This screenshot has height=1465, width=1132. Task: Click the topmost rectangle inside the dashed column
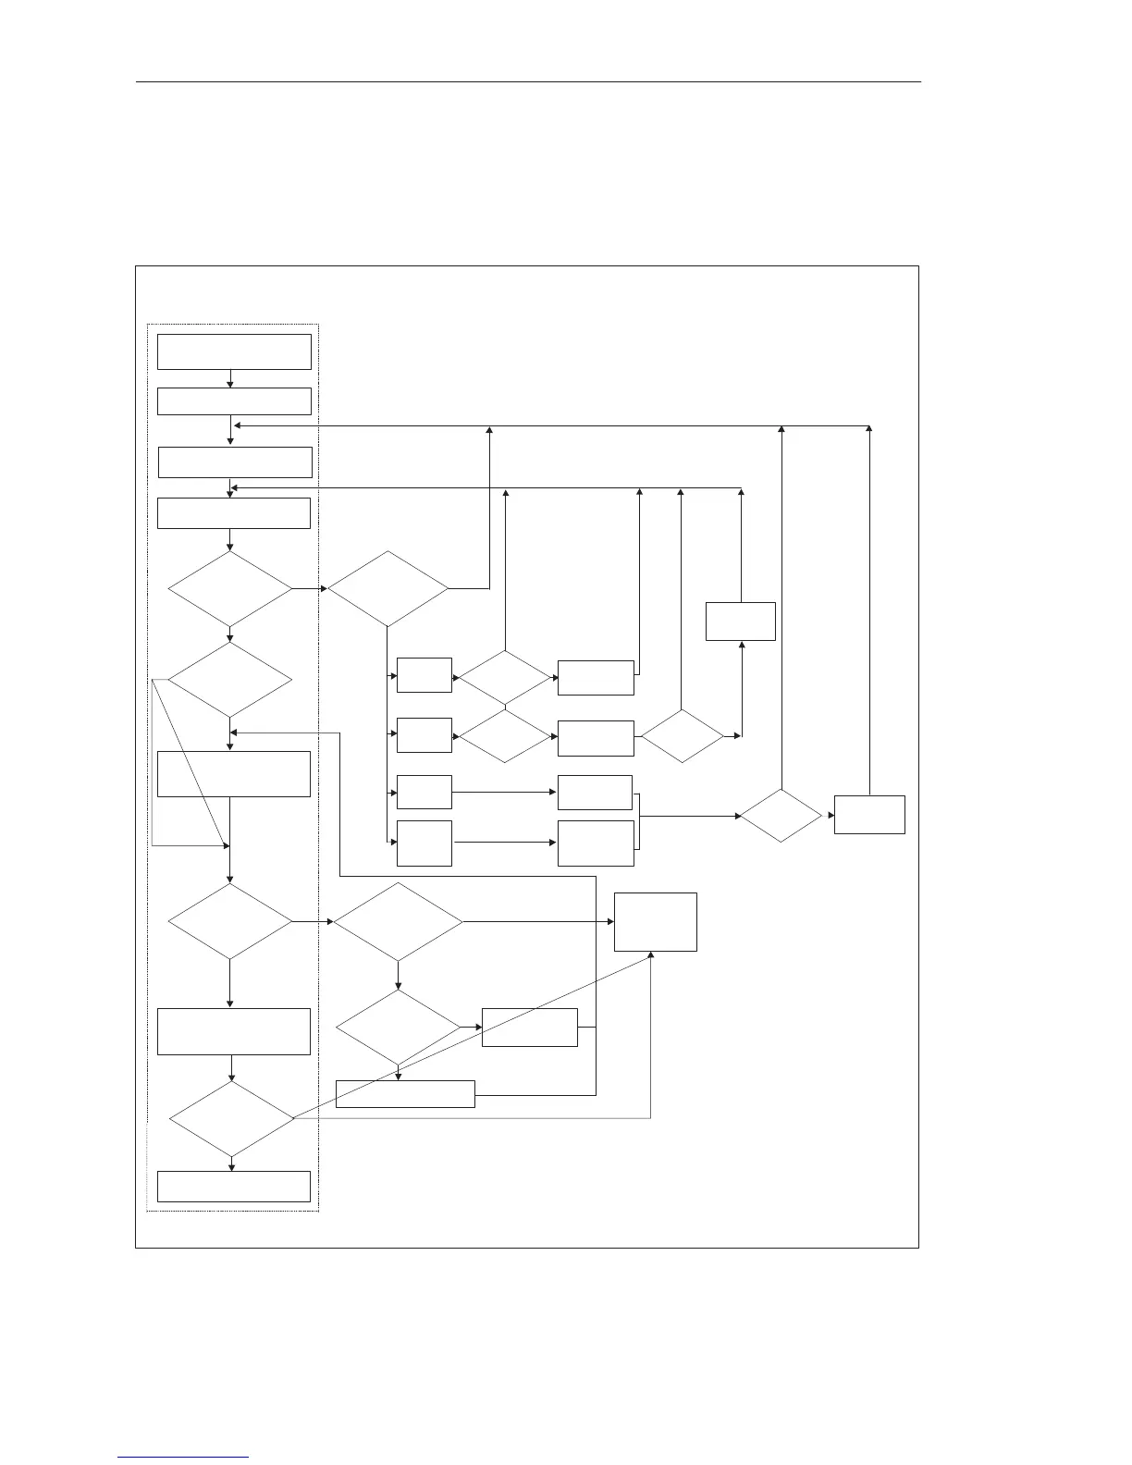(x=234, y=351)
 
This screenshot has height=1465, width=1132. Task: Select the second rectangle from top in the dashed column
(x=234, y=401)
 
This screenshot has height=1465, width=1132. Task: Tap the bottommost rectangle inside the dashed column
(x=234, y=1186)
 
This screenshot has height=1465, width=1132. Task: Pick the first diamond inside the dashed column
(x=230, y=589)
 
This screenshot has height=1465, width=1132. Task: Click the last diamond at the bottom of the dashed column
(x=231, y=1118)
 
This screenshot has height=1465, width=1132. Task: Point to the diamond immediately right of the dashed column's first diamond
(x=388, y=589)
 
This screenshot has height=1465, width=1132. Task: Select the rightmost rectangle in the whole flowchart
(x=869, y=814)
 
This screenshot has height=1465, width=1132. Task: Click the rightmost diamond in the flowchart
(x=781, y=816)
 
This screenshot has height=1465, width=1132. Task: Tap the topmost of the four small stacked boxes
(x=424, y=675)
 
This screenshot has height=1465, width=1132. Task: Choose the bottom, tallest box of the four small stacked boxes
(x=424, y=843)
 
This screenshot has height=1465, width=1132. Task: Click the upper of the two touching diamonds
(x=506, y=679)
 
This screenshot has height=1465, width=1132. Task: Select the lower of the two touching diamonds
(x=506, y=736)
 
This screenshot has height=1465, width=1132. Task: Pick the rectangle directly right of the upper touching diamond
(x=597, y=678)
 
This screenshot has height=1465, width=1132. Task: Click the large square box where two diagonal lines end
(x=656, y=921)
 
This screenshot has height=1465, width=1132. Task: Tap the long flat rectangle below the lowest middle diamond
(x=405, y=1093)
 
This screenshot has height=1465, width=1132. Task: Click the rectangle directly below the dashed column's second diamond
(x=234, y=774)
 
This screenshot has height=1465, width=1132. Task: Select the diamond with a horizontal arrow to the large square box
(x=398, y=921)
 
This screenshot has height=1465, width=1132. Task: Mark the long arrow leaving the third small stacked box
(x=504, y=793)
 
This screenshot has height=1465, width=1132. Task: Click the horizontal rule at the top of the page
(x=529, y=81)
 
